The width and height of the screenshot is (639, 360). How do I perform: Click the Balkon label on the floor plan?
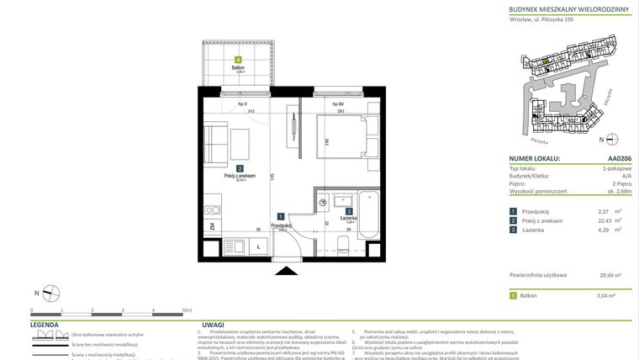(x=240, y=68)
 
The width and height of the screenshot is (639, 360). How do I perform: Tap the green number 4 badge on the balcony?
(x=240, y=60)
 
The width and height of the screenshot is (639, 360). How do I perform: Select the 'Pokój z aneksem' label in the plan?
(x=240, y=175)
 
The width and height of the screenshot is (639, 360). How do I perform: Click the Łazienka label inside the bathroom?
(x=349, y=218)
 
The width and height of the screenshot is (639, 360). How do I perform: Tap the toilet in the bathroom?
(x=343, y=244)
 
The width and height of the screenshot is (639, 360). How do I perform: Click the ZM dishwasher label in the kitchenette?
(x=213, y=225)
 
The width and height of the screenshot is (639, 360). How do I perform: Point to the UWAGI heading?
(x=213, y=324)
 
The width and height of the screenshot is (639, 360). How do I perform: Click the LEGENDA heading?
(x=45, y=324)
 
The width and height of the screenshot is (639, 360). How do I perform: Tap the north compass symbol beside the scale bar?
(x=51, y=293)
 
